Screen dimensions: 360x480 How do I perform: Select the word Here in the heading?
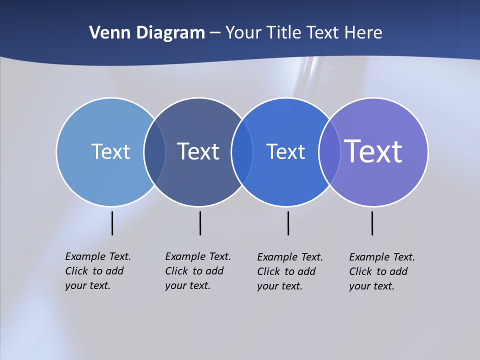(x=363, y=32)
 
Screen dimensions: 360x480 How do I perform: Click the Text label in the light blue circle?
(x=110, y=151)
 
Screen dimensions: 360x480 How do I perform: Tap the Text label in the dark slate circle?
(x=198, y=151)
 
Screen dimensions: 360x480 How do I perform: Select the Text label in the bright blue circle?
(x=285, y=151)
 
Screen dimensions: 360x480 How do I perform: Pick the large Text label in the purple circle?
(x=373, y=151)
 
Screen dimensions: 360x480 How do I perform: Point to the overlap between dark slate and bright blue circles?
(x=242, y=152)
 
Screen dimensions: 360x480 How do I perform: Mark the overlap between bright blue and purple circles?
(x=329, y=152)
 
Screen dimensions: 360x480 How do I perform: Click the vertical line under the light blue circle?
(x=112, y=223)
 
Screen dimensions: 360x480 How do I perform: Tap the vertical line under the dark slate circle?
(x=200, y=223)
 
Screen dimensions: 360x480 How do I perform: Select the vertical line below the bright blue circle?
(x=288, y=223)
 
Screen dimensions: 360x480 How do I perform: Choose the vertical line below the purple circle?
(x=372, y=223)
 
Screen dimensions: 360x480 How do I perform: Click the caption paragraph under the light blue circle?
(x=98, y=271)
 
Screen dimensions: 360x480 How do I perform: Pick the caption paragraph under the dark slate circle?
(x=198, y=271)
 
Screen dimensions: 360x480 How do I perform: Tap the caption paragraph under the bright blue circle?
(x=290, y=271)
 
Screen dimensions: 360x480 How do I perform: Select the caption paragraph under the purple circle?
(x=382, y=271)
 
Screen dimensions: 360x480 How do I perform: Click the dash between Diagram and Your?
(x=215, y=33)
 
